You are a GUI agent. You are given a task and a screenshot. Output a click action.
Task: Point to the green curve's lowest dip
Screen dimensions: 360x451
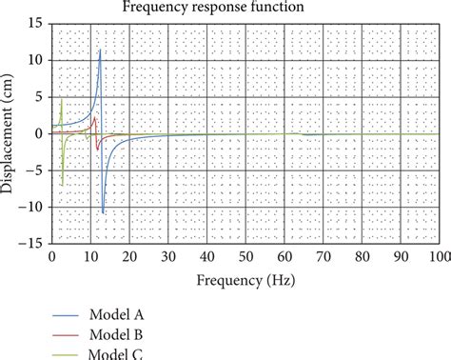[63, 185]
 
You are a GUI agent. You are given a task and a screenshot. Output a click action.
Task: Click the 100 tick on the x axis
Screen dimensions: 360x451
[438, 257]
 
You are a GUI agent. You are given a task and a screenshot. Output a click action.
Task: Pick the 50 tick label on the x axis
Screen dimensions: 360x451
[245, 257]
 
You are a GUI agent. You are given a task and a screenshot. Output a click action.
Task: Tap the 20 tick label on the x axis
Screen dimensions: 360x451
[129, 257]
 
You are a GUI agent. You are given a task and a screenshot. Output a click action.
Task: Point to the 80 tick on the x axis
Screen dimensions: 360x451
[361, 257]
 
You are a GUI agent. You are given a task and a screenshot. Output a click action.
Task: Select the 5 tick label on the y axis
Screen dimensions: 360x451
[40, 97]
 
